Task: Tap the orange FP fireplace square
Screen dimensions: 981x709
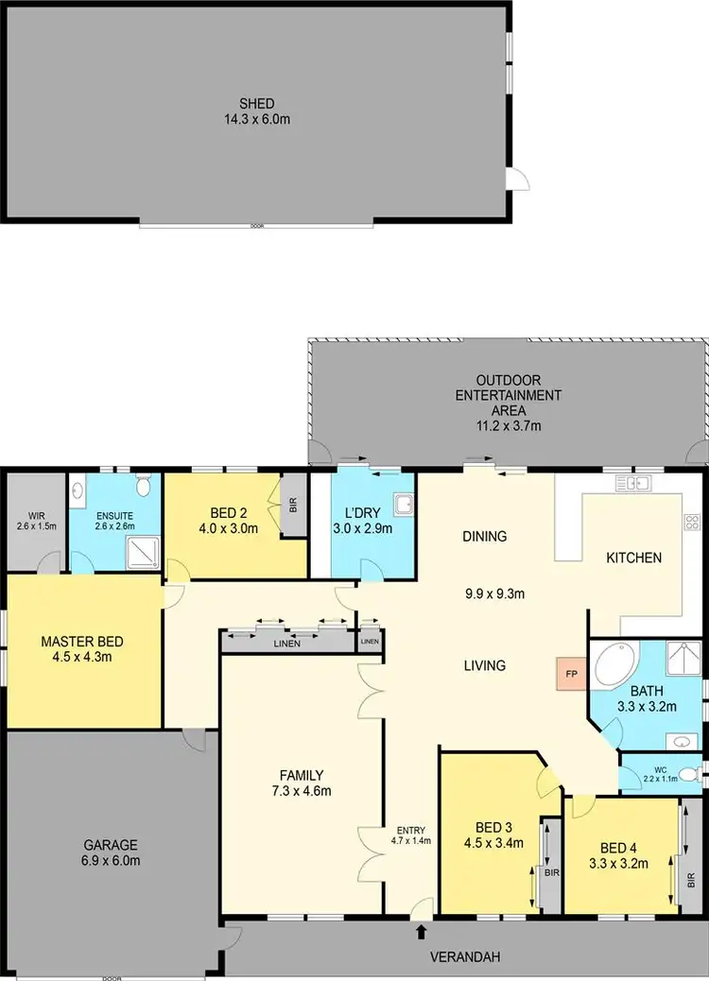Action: tap(570, 674)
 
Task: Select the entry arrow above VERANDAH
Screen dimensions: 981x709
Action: tap(421, 934)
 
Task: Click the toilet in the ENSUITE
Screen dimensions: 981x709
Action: tap(144, 488)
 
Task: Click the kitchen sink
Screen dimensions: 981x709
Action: tap(634, 484)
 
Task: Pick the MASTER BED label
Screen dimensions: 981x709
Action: tap(82, 642)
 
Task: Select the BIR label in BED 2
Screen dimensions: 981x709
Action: tap(292, 505)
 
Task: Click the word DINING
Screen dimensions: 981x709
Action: tap(485, 536)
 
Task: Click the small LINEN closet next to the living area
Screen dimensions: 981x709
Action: tap(369, 642)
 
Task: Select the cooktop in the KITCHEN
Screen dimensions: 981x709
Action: tap(691, 522)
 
